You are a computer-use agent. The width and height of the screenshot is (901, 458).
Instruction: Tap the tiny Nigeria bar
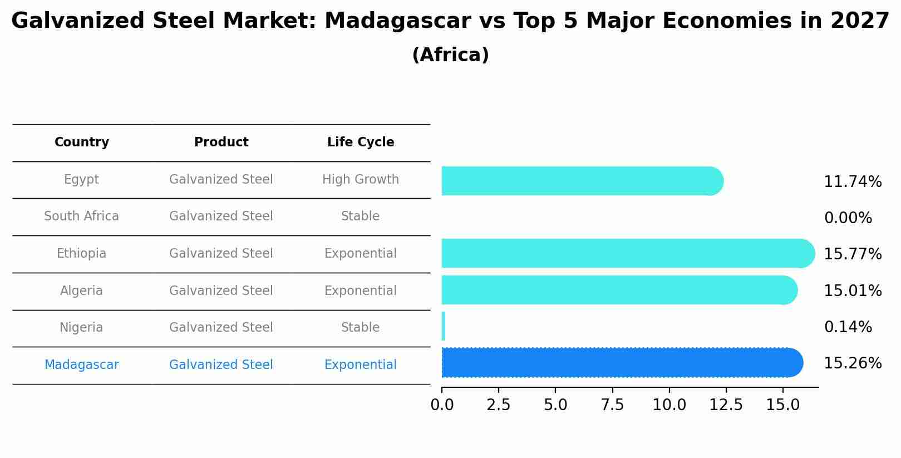coord(444,327)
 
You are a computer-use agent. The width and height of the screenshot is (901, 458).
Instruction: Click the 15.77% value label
coord(853,254)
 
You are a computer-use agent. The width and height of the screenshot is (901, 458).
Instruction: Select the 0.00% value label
coord(848,218)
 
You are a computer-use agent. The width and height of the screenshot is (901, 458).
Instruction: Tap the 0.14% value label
coord(848,327)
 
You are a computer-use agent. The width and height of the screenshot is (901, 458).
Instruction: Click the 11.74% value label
coord(853,182)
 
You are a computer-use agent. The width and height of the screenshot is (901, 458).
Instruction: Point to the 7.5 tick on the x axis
coord(612,405)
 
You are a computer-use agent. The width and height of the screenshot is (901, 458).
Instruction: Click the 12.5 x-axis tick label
coord(726,405)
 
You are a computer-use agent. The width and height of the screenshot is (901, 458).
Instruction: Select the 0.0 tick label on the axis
coord(442,405)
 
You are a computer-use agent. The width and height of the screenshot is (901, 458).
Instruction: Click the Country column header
coord(82,142)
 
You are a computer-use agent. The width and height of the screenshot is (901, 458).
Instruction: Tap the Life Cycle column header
coord(361,142)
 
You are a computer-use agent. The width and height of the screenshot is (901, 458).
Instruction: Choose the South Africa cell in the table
coord(82,216)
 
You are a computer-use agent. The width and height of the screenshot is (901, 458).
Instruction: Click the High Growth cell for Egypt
coord(361,180)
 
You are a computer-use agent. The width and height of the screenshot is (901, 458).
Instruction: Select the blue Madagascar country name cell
coord(82,365)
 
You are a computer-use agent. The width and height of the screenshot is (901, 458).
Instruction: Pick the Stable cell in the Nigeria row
coord(361,328)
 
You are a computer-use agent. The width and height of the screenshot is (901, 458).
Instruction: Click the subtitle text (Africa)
coord(450,55)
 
